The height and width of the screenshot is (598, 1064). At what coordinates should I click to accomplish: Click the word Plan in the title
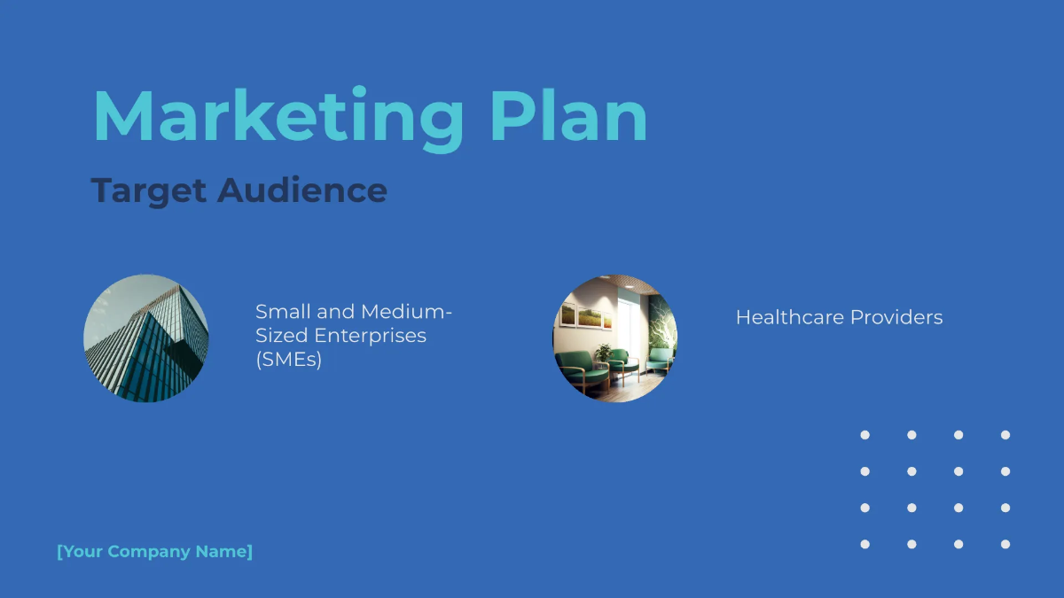point(568,116)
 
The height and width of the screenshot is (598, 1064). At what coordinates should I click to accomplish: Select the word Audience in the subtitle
point(302,190)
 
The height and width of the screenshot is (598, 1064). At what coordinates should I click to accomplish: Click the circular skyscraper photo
point(146,338)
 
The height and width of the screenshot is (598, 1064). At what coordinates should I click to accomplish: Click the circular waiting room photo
point(615,338)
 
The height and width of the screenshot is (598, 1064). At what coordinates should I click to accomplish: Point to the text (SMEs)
point(288,360)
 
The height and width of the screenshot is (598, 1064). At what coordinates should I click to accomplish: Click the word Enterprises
point(371,336)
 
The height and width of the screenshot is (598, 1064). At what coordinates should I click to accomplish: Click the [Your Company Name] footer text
point(155,552)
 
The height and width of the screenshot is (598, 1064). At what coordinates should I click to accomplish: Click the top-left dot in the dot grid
point(865,435)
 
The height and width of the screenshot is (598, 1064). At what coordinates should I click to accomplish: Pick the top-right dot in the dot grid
point(1005,435)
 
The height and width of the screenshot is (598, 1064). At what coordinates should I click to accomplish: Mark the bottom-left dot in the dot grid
point(865,544)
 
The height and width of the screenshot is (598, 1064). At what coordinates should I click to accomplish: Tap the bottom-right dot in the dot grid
point(1005,544)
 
